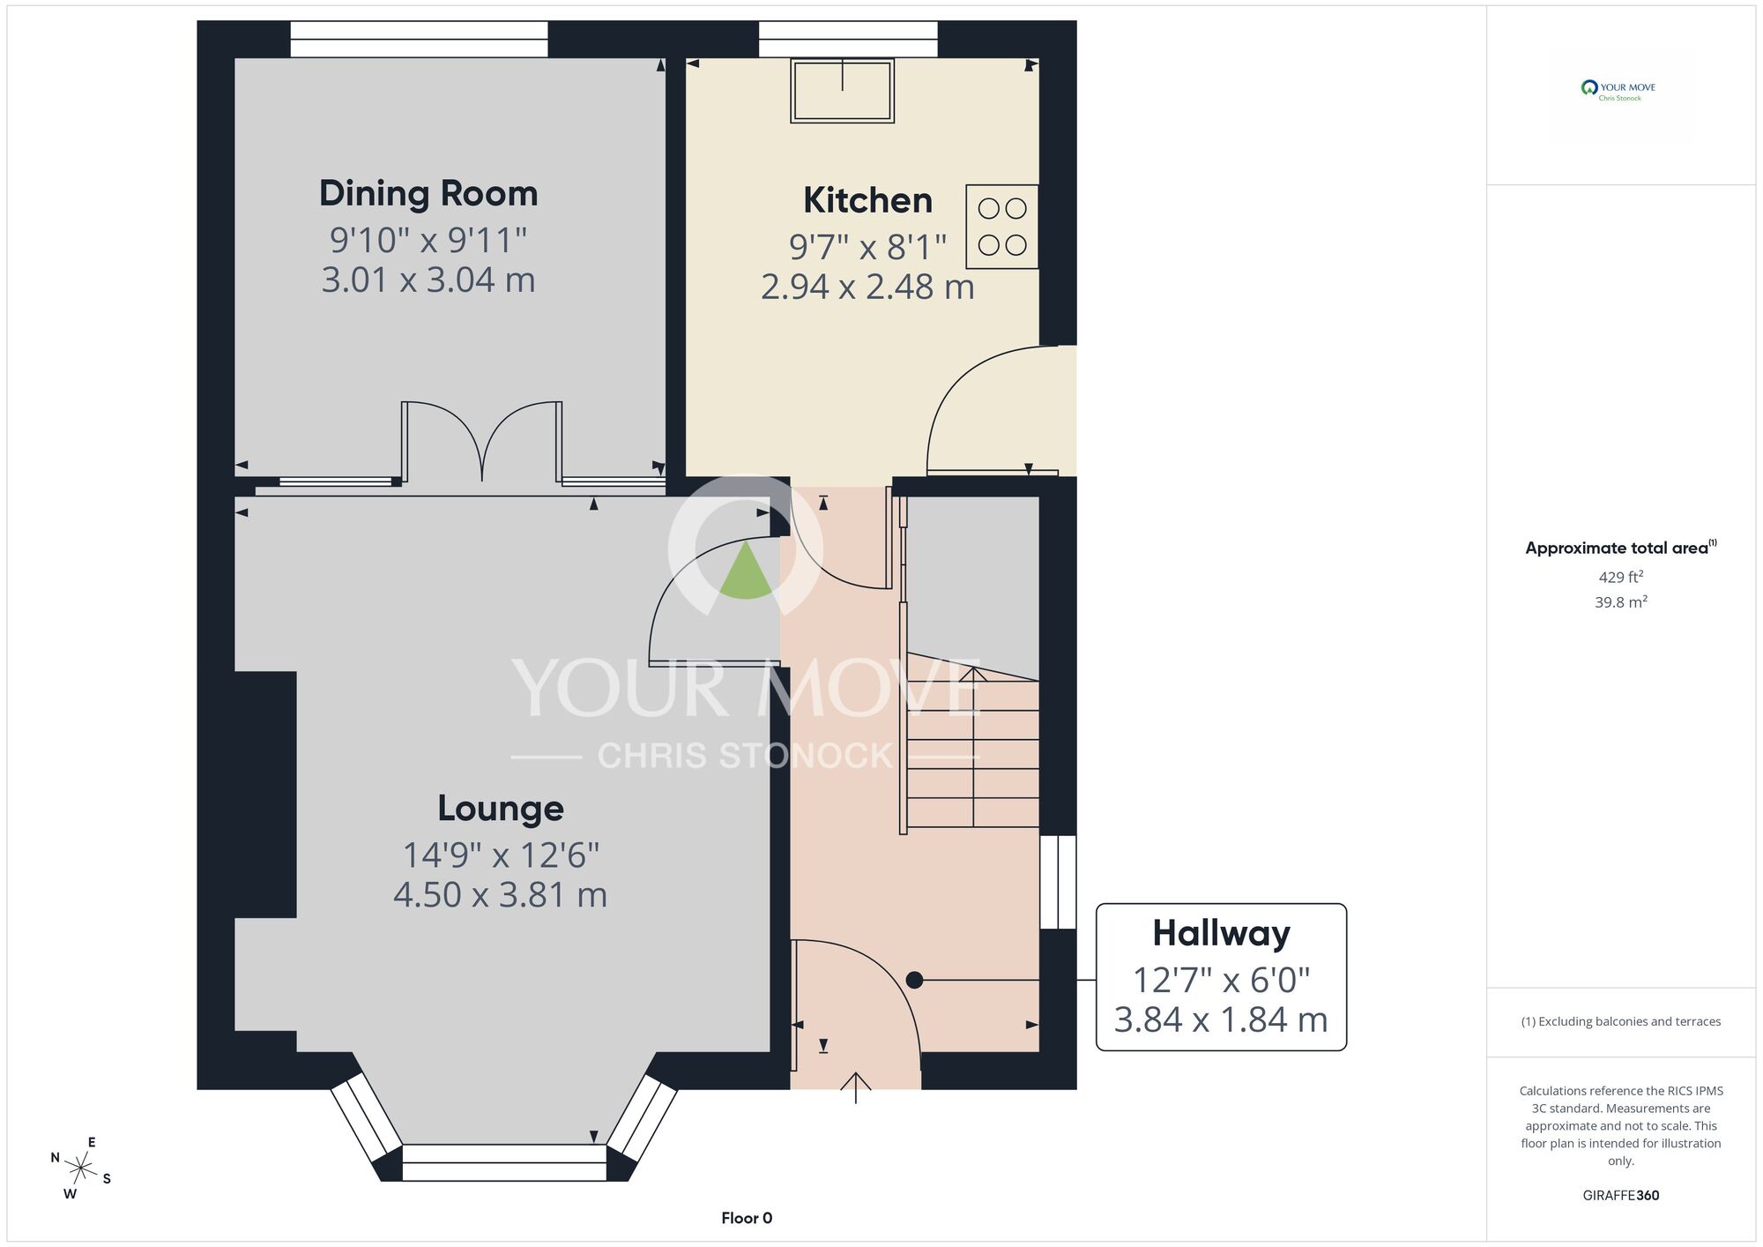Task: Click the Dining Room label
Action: click(428, 193)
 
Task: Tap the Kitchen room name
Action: click(867, 200)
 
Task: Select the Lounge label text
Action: click(501, 808)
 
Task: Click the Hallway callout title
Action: click(1221, 933)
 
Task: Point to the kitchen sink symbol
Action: click(842, 90)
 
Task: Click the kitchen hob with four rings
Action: click(1002, 227)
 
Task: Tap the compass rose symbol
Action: click(81, 1169)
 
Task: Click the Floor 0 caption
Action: click(747, 1218)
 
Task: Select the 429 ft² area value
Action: click(1620, 577)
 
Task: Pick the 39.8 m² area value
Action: click(1620, 602)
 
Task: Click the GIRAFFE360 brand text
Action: click(1620, 1196)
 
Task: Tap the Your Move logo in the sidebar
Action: click(1618, 90)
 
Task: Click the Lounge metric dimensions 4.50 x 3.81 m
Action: click(501, 894)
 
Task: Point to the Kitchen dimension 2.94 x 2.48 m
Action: click(867, 287)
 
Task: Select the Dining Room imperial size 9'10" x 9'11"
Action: click(428, 239)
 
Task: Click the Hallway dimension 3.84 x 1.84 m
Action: click(1221, 1019)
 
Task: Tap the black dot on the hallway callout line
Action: click(914, 980)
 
